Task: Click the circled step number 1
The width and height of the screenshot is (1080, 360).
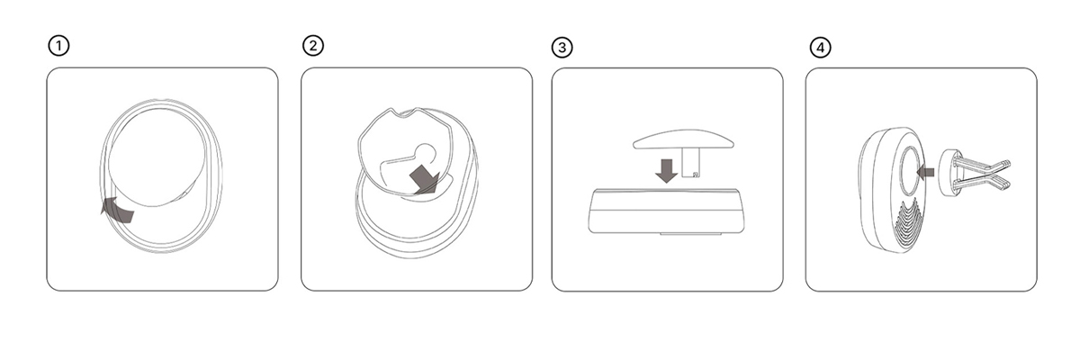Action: tap(58, 46)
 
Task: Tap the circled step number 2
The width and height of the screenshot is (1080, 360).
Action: tap(313, 46)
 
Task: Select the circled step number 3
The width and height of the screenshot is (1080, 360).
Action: tap(562, 48)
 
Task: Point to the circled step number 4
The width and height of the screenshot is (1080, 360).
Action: tap(820, 48)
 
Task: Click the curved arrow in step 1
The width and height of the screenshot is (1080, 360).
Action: tap(117, 210)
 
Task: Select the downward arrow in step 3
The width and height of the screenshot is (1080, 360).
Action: tap(667, 171)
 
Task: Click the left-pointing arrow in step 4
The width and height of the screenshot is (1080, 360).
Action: tap(925, 172)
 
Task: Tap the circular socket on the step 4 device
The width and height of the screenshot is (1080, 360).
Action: tap(910, 171)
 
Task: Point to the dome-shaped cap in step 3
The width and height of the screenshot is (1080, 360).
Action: tap(684, 139)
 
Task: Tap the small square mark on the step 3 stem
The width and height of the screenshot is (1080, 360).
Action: tap(695, 175)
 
